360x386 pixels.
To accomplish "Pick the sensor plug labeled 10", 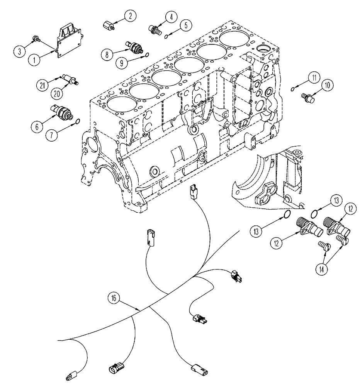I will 309,95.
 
